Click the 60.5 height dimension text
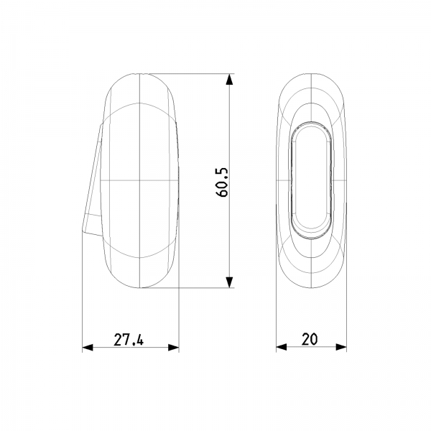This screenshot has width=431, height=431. click(x=222, y=182)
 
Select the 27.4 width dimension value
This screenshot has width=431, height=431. click(x=129, y=340)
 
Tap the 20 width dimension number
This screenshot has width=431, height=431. click(x=310, y=339)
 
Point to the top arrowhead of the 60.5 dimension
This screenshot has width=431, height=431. click(x=229, y=80)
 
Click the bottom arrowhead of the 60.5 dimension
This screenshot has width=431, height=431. click(x=229, y=282)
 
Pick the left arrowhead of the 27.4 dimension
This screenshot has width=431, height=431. click(x=88, y=348)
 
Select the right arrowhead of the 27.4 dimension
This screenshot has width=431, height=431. click(x=173, y=348)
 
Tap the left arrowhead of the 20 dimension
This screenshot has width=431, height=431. click(x=282, y=347)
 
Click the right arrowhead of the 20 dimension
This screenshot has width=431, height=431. click(x=341, y=347)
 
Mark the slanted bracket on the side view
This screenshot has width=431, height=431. click(x=92, y=182)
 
